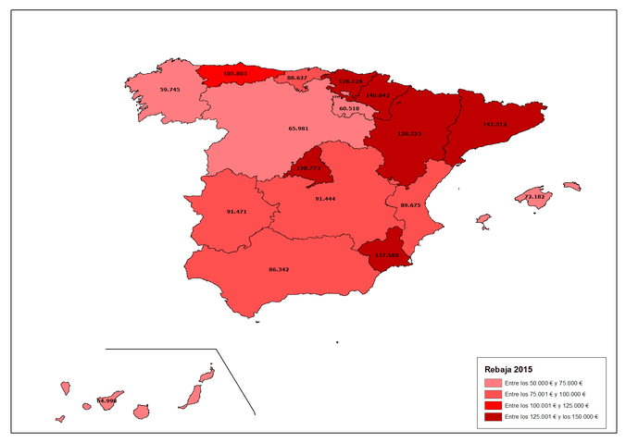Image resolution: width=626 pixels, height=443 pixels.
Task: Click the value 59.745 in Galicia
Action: (x=169, y=90)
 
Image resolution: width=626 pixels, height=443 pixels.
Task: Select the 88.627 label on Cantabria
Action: (x=297, y=78)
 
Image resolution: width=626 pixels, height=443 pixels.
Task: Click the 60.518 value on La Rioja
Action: (x=349, y=108)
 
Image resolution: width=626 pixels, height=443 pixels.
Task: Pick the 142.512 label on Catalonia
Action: (x=495, y=124)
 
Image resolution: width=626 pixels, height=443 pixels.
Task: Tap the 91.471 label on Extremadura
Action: (x=236, y=212)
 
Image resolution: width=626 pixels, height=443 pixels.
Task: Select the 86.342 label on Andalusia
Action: (x=279, y=269)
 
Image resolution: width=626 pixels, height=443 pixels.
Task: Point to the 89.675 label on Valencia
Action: (x=410, y=204)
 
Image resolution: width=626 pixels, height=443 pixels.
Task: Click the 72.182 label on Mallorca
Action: (x=534, y=197)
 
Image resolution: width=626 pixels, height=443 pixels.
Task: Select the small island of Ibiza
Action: (x=482, y=220)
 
